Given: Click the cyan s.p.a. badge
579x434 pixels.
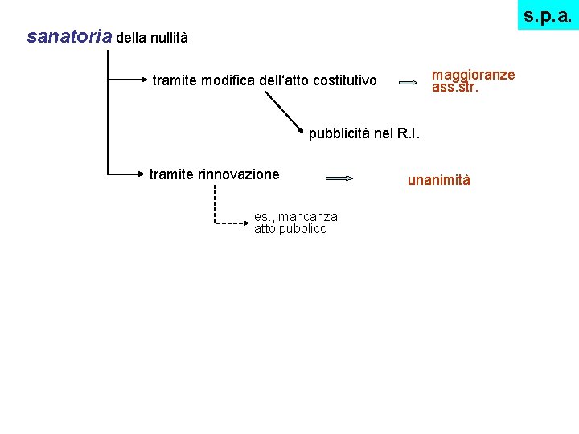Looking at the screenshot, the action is click(x=548, y=14).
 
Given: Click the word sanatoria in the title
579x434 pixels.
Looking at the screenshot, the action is click(x=69, y=37).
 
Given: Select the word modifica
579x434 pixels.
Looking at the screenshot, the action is click(x=227, y=80).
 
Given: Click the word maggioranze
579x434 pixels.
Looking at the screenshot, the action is click(x=473, y=75).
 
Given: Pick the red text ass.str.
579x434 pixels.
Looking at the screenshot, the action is click(x=455, y=87).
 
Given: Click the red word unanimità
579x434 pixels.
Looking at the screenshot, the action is click(x=438, y=180).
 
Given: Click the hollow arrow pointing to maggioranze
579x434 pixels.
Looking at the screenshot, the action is click(x=408, y=81).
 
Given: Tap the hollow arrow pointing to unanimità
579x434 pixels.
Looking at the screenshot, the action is click(x=339, y=178).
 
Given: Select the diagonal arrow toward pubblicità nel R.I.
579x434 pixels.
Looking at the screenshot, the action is click(x=285, y=108).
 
